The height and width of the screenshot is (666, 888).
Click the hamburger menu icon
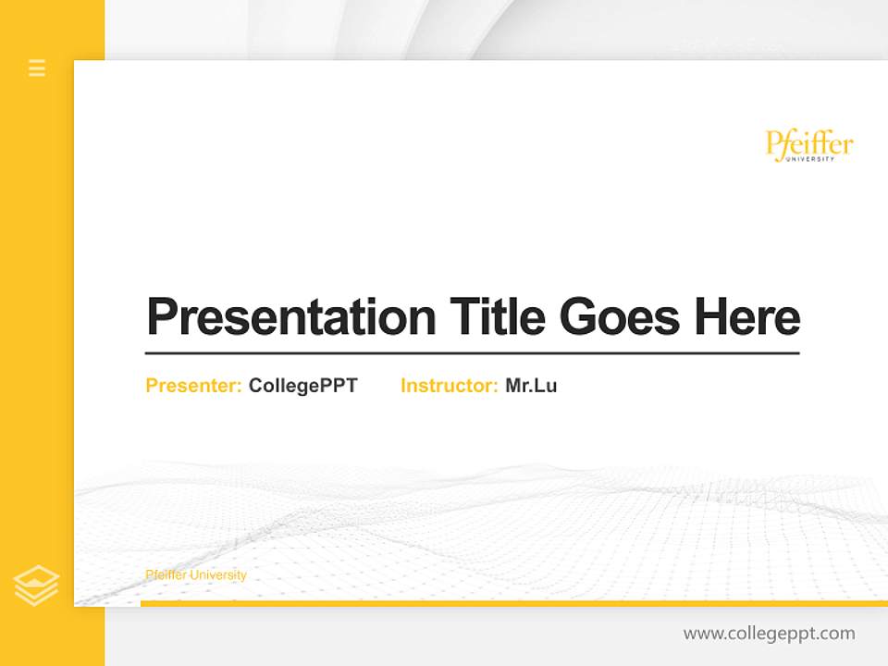pos(37,68)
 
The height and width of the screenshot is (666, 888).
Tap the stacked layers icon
pos(36,586)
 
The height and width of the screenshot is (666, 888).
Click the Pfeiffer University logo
pos(809,146)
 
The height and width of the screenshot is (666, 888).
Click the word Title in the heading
pos(498,316)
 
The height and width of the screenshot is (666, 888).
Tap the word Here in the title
pos(747,316)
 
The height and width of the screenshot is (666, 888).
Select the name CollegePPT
pos(302,386)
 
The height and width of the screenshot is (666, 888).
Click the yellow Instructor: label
pos(450,386)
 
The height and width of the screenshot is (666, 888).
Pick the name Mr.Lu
pos(531,386)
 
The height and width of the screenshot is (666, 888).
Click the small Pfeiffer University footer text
pos(196,575)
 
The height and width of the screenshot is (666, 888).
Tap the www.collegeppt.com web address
pos(769,634)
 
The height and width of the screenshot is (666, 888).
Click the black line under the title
pos(472,352)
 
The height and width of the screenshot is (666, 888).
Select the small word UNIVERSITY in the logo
pos(810,159)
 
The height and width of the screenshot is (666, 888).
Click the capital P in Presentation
pos(163,316)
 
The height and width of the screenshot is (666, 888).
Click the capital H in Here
pos(711,316)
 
